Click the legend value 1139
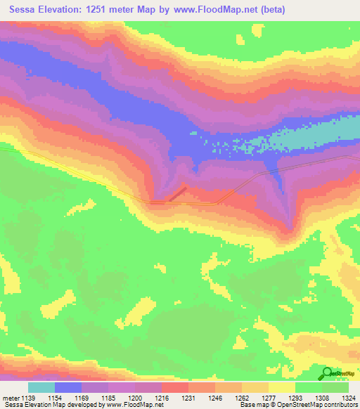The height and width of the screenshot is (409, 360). coord(29,397)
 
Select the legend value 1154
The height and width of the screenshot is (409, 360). coord(56,397)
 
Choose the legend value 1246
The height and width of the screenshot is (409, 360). coord(215,397)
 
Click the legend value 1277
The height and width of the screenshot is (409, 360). coord(269,397)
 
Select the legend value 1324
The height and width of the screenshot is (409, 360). coord(347,397)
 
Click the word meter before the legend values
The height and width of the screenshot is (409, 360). coord(10,397)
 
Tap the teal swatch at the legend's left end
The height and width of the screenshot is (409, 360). coord(41,387)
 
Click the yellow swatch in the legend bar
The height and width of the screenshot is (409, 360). coord(281,387)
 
